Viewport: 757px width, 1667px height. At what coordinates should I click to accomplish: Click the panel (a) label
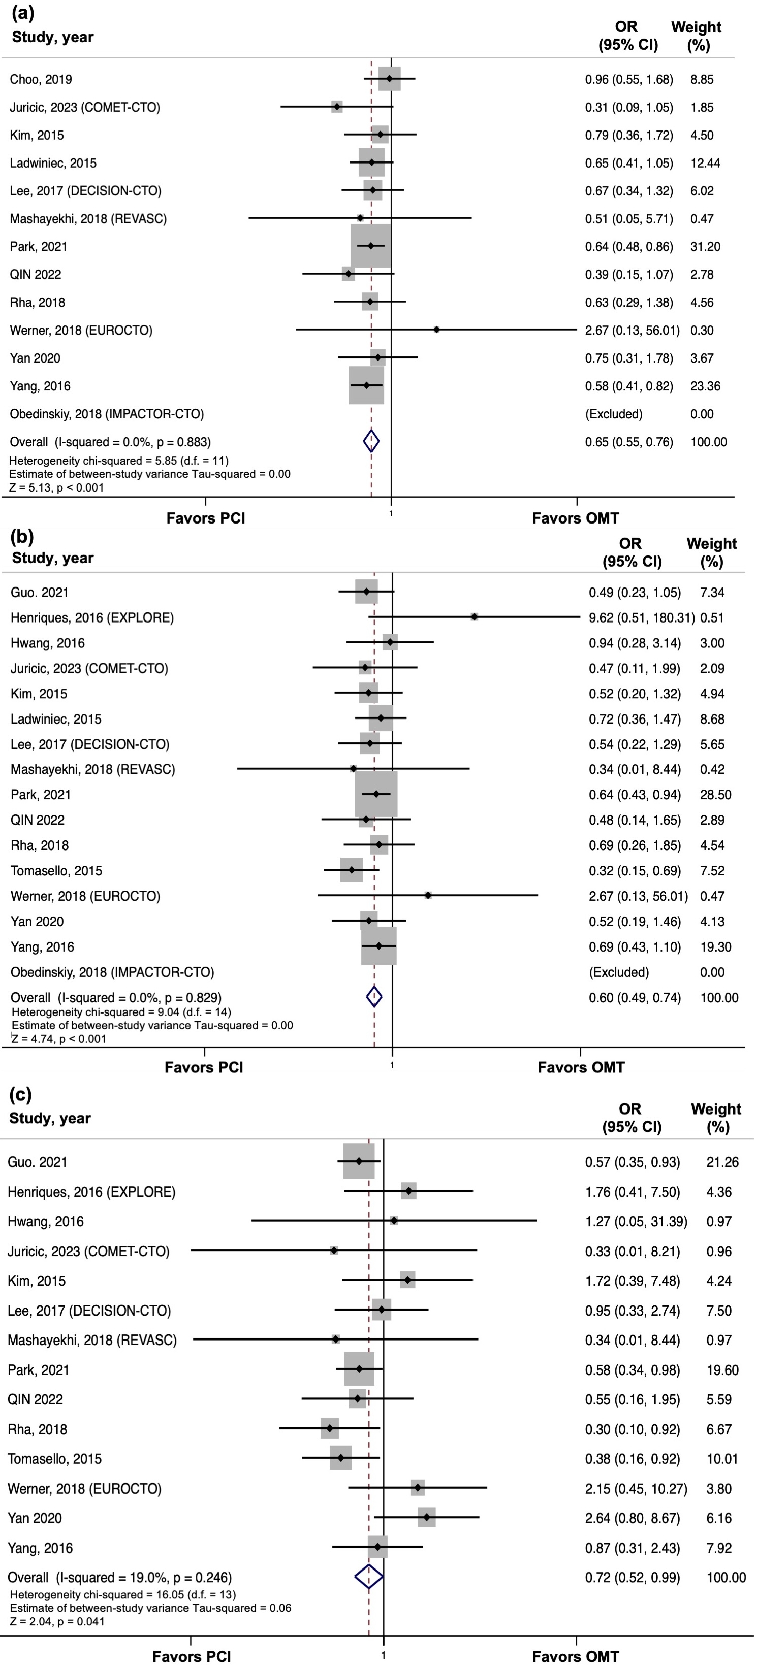[x=23, y=12]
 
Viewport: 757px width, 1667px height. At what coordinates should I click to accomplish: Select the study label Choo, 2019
[x=41, y=80]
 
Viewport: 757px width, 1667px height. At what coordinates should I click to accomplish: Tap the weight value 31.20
[x=705, y=247]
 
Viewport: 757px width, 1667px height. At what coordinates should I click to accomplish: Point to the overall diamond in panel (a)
[x=371, y=441]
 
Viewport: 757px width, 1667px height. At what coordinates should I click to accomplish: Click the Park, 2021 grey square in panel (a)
[x=370, y=246]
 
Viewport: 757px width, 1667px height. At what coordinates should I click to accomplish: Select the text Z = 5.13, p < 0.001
[x=56, y=487]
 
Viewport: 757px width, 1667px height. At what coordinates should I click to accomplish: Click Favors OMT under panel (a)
[x=575, y=518]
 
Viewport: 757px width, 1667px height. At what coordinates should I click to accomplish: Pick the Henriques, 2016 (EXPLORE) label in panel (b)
[x=92, y=618]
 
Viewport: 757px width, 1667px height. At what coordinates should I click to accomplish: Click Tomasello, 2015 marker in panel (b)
[x=352, y=870]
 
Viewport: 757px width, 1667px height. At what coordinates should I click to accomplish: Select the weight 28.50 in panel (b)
[x=715, y=795]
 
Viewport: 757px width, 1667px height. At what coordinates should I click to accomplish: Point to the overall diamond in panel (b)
[x=374, y=997]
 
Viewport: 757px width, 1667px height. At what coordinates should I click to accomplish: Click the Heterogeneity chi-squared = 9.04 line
[x=121, y=1012]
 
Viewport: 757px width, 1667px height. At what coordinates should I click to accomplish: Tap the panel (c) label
[x=21, y=1095]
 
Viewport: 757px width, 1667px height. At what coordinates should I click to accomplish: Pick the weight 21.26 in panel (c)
[x=722, y=1162]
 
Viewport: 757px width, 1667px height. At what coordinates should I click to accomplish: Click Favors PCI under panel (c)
[x=191, y=1657]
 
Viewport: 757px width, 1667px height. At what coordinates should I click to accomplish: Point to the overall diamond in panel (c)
[x=369, y=1577]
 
